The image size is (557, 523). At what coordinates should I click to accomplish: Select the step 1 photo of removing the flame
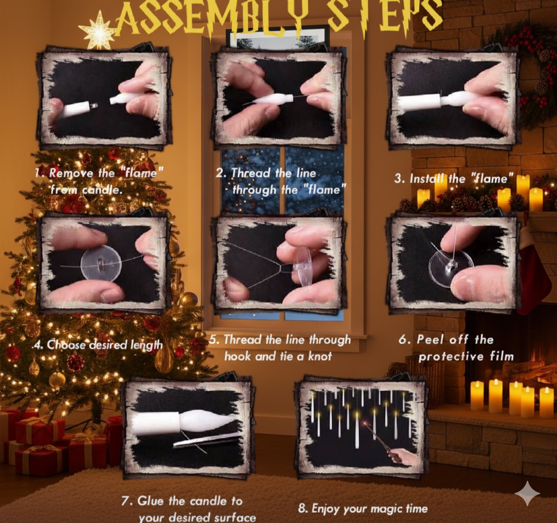(104, 97)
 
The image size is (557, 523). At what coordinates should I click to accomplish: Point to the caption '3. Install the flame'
(453, 179)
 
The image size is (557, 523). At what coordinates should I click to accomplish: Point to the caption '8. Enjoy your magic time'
(362, 508)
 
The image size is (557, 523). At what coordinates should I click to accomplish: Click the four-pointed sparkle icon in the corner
(527, 493)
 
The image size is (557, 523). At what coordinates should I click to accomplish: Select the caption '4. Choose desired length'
(98, 345)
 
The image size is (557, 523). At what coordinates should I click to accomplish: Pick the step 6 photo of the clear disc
(453, 263)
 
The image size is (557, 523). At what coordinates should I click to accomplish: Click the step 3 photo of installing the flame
(453, 97)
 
